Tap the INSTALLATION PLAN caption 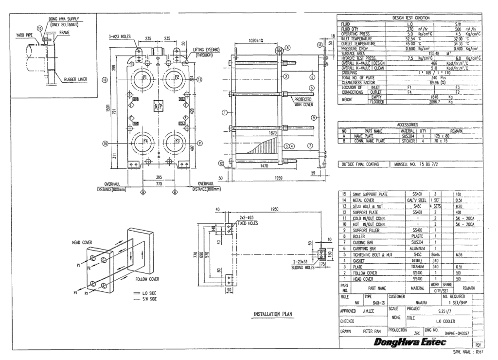click(x=272, y=314)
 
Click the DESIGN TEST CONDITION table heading click(x=410, y=18)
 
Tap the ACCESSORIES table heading click(x=410, y=125)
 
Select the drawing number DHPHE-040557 click(x=457, y=333)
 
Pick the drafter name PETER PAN click(x=374, y=331)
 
